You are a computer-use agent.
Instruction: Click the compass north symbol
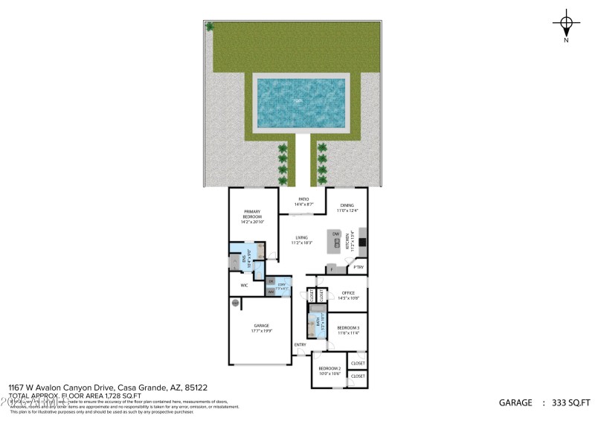[x=567, y=24]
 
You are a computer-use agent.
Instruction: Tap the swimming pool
[x=300, y=103]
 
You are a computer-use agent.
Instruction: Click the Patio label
[x=303, y=202]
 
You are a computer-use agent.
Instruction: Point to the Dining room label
[x=347, y=208]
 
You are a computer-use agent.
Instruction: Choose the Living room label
[x=301, y=240]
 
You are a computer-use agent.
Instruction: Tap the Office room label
[x=348, y=295]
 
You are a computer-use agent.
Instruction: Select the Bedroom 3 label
[x=348, y=330]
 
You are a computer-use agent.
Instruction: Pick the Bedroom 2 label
[x=329, y=371]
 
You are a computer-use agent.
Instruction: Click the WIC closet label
[x=244, y=285]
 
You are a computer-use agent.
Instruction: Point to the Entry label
[x=300, y=344]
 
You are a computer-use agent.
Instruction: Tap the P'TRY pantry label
[x=358, y=268]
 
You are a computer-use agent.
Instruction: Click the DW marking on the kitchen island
[x=336, y=234]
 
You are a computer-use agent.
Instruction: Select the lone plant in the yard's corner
[x=210, y=27]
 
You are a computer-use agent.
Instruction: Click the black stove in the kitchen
[x=362, y=241]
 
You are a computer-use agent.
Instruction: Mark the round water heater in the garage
[x=236, y=303]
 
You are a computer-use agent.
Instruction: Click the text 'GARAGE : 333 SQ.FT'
[x=544, y=402]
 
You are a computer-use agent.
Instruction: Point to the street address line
[x=107, y=388]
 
